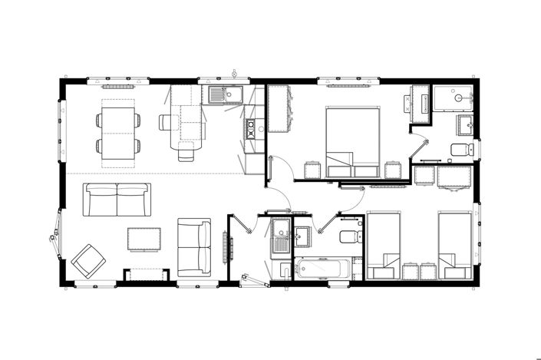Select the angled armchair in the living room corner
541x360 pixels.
pos(88,261)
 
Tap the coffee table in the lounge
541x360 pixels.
pos(145,239)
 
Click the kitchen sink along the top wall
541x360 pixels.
pos(226,95)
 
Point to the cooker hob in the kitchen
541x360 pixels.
pos(251,128)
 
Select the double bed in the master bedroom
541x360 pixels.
pos(353,142)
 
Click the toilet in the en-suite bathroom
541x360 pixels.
pos(460,149)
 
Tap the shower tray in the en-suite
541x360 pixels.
pos(454,99)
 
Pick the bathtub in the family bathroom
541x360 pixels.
pos(322,269)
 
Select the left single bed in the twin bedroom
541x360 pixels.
pos(383,244)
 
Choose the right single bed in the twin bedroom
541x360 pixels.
pos(454,244)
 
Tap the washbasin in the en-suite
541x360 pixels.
pos(465,124)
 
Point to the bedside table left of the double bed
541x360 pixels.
pos(312,170)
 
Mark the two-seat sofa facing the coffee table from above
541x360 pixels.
pos(117,199)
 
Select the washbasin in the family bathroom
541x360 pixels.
pos(302,235)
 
